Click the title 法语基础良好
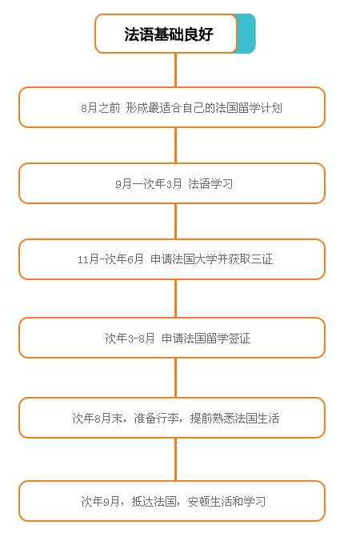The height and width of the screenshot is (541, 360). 169,34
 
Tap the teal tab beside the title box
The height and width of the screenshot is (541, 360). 246,34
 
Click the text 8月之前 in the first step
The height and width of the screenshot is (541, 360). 100,108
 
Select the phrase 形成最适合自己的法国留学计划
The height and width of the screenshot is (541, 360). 204,108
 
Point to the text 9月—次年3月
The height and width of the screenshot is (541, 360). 149,183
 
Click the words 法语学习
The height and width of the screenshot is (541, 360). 210,183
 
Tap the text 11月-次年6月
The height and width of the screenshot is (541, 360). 110,259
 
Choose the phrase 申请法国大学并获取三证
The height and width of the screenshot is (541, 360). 211,259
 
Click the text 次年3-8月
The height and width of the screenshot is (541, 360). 130,338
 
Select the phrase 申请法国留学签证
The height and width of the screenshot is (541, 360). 206,338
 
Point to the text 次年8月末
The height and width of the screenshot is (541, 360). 98,419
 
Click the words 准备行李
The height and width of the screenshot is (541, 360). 156,419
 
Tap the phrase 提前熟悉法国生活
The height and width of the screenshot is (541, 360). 234,419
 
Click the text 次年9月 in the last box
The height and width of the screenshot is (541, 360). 100,501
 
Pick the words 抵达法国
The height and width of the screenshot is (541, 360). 154,501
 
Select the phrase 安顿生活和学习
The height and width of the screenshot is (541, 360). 226,501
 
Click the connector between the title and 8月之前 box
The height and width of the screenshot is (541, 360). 175,70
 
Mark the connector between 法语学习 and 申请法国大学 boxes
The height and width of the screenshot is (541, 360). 175,221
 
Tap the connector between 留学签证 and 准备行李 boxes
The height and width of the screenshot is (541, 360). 175,378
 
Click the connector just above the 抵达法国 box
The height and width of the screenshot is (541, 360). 175,459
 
